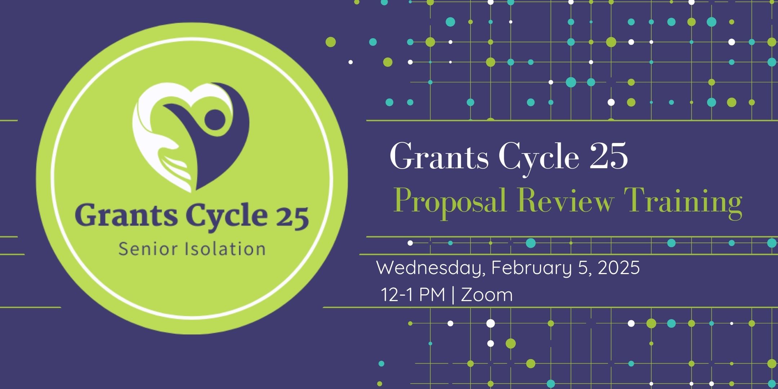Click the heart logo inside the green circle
(191, 137)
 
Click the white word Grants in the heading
(439, 156)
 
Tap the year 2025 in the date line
(619, 268)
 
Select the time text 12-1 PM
(413, 295)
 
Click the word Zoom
(487, 295)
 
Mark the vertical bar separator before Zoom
(453, 295)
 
